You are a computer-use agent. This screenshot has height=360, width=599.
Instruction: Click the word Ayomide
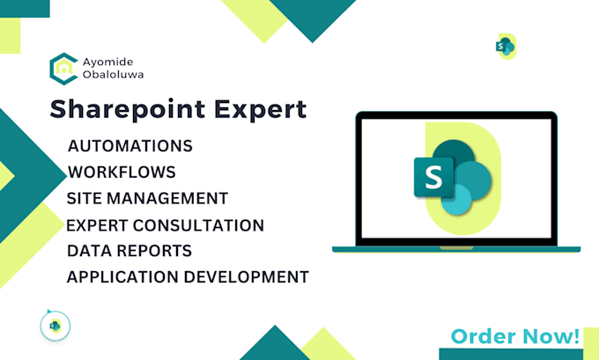click(108, 62)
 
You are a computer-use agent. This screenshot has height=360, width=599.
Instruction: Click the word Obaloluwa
click(113, 75)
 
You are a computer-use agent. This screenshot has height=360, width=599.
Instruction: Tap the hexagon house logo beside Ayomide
click(63, 69)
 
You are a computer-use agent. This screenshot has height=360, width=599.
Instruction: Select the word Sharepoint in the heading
click(128, 110)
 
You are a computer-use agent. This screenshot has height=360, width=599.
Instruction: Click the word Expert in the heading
click(260, 110)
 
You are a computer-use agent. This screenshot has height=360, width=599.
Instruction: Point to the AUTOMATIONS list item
click(130, 146)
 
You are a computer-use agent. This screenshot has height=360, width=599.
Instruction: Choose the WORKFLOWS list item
click(122, 173)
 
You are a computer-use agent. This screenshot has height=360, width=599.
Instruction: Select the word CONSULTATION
click(198, 225)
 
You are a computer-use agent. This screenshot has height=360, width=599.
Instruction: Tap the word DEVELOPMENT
click(247, 277)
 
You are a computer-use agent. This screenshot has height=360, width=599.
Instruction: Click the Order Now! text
click(515, 336)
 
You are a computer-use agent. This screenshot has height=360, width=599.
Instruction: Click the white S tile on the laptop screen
click(433, 177)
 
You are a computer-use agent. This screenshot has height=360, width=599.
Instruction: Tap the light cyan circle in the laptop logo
click(456, 200)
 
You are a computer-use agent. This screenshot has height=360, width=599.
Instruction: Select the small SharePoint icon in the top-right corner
click(506, 47)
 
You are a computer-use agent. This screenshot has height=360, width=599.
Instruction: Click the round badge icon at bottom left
click(55, 326)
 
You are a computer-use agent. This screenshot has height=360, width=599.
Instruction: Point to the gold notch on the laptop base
click(456, 248)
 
